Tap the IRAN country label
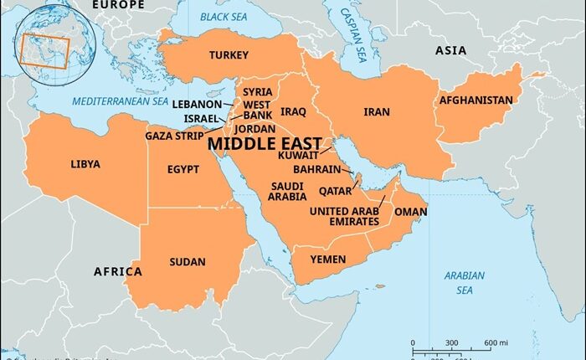tap(376, 111)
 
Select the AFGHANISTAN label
tap(475, 100)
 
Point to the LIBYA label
tap(85, 164)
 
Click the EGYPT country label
tap(182, 169)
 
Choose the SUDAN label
tap(187, 262)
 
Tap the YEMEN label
tap(327, 260)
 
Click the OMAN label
tap(410, 212)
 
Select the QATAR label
tap(335, 190)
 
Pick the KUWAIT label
tap(299, 155)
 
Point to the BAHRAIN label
tap(316, 169)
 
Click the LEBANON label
tap(197, 104)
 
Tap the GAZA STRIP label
tap(175, 135)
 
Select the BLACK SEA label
tap(227, 18)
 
